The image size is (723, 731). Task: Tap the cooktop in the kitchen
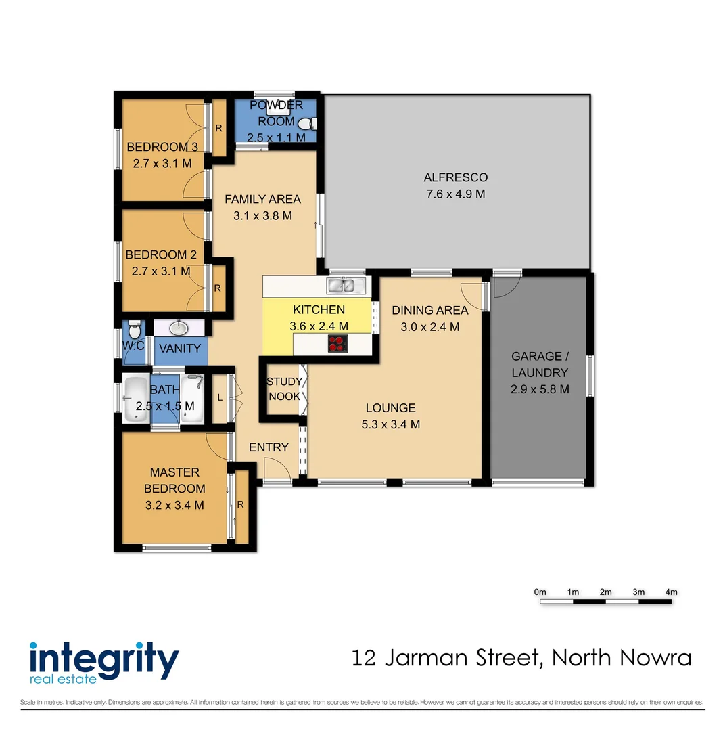337,345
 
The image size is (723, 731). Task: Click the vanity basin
179,328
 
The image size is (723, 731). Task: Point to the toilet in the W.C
134,331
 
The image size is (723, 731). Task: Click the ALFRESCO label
455,178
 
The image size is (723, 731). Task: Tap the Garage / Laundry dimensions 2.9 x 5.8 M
539,389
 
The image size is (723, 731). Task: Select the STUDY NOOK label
284,389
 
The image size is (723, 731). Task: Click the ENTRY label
269,447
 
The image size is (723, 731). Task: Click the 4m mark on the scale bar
671,592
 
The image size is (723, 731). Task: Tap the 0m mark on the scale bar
540,592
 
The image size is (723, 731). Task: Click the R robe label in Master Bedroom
240,504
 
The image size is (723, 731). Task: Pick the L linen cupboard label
220,398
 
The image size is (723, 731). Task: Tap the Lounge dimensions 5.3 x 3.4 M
391,425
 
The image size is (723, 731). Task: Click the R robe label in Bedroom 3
218,128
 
